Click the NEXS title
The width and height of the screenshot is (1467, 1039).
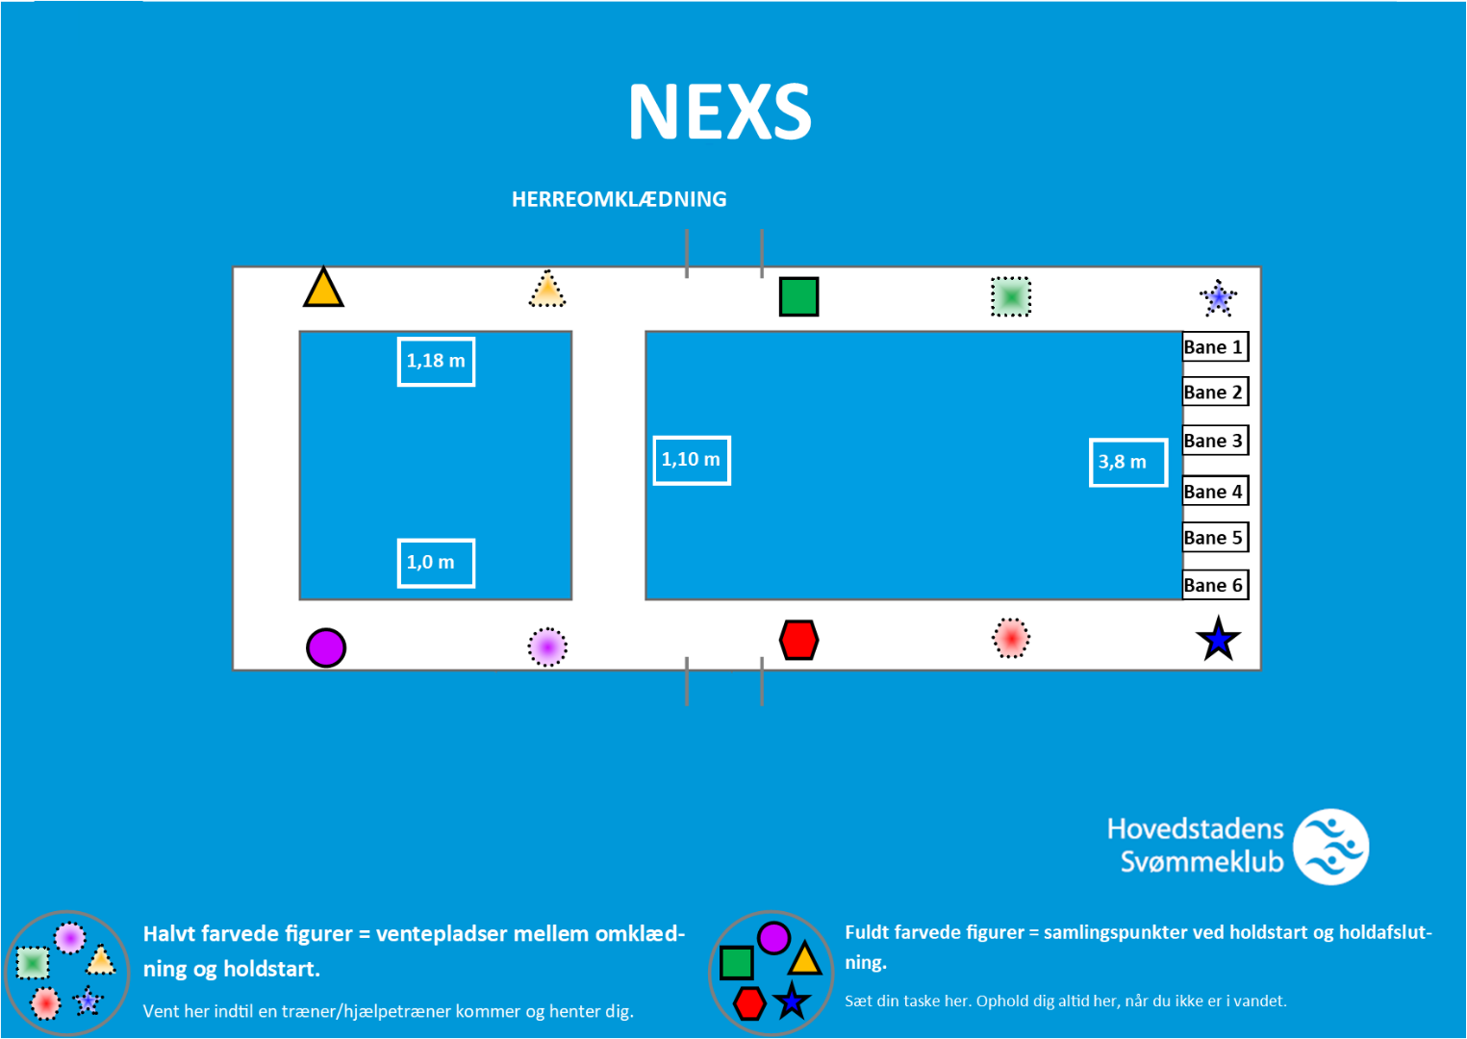pos(720,112)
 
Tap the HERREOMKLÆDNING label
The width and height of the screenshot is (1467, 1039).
pos(619,199)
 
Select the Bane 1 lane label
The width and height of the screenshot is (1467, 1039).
pos(1216,346)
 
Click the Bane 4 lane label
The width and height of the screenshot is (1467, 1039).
pos(1216,491)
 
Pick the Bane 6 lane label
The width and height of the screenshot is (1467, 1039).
pos(1216,584)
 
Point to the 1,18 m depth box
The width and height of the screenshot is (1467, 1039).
pos(436,362)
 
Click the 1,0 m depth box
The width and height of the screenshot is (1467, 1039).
pos(436,563)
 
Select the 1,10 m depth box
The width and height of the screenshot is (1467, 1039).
pos(692,460)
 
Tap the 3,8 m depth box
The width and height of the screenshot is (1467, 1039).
pos(1128,463)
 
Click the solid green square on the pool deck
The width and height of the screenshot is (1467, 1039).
pos(799,296)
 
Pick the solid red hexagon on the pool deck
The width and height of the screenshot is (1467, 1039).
pos(799,640)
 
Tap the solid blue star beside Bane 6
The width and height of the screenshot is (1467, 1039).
pos(1218,639)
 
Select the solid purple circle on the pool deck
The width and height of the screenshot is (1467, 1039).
pos(326,647)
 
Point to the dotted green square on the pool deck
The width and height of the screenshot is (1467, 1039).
pos(1010,296)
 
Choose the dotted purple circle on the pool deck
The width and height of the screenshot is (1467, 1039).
pos(547,646)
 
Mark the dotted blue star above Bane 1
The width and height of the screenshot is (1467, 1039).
pos(1218,299)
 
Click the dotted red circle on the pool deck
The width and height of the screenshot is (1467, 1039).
pos(1010,638)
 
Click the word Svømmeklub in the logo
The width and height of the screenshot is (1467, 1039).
pos(1201,861)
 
